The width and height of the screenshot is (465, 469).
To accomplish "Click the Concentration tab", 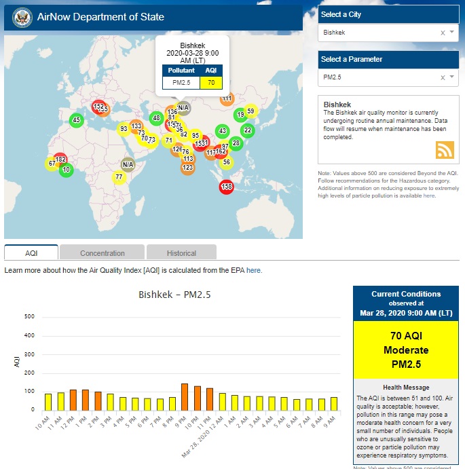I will (x=103, y=253).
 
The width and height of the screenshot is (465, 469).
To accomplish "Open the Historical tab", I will (x=181, y=253).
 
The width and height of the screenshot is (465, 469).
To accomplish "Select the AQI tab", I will (x=31, y=253).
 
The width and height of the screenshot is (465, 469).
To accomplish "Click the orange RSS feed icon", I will (x=445, y=150).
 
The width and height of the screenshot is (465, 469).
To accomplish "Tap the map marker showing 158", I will (x=227, y=187).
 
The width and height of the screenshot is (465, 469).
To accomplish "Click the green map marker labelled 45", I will (x=76, y=120).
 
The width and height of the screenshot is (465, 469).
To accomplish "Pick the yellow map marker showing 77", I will (x=119, y=178).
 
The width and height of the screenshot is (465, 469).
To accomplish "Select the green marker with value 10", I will (x=66, y=170).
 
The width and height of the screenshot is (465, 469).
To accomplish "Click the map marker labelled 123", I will (x=187, y=168).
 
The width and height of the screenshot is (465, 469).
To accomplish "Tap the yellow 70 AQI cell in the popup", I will (x=211, y=83).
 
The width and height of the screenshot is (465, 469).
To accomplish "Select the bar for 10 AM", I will (x=48, y=402).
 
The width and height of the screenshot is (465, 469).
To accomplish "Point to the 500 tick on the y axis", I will (x=29, y=316).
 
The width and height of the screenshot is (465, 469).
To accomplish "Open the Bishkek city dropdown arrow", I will (x=452, y=33).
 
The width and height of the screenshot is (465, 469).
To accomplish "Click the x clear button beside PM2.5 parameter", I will (x=443, y=77).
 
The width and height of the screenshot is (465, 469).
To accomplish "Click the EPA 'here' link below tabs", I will (x=253, y=270).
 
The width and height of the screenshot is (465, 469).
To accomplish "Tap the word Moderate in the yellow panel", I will (x=405, y=350).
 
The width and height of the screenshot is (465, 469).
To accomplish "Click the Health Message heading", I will (x=405, y=386).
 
